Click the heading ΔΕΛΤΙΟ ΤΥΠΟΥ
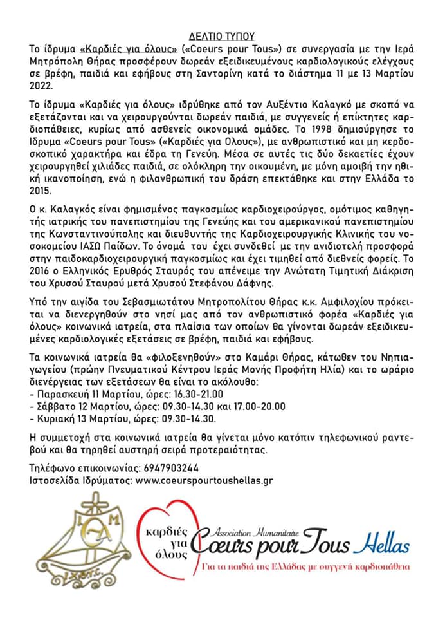coord(217,37)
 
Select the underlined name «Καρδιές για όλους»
coord(129,49)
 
